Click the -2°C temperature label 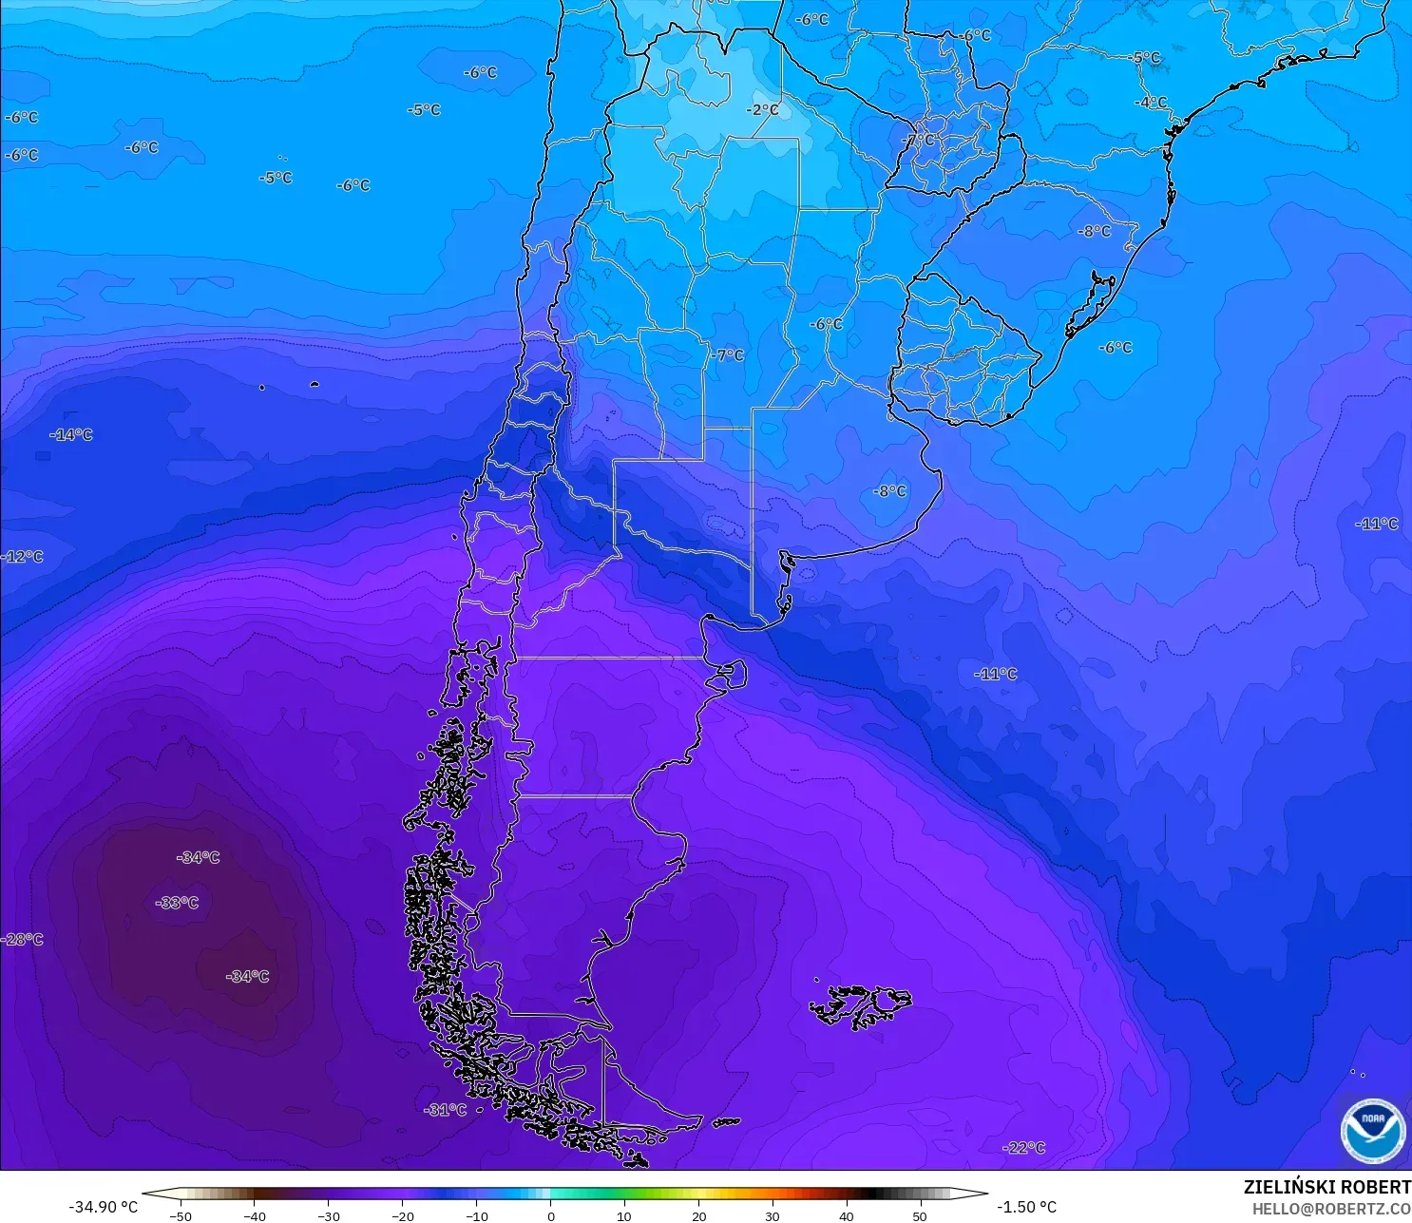pyautogui.click(x=762, y=110)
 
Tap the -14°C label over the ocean pyautogui.click(x=71, y=435)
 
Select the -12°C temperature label pyautogui.click(x=23, y=557)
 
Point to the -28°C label pyautogui.click(x=23, y=940)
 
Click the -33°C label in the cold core pyautogui.click(x=178, y=903)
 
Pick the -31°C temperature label pyautogui.click(x=446, y=1110)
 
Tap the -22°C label pyautogui.click(x=1023, y=1148)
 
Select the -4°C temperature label pyautogui.click(x=1151, y=103)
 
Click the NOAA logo pyautogui.click(x=1373, y=1131)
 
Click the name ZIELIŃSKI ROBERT pyautogui.click(x=1326, y=1188)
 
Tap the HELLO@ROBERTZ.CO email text pyautogui.click(x=1330, y=1209)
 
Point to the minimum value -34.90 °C pyautogui.click(x=103, y=1207)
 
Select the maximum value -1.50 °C pyautogui.click(x=1026, y=1207)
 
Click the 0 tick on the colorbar pyautogui.click(x=550, y=1215)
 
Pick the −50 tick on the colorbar pyautogui.click(x=180, y=1215)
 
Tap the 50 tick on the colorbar pyautogui.click(x=920, y=1215)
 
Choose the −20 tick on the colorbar pyautogui.click(x=402, y=1215)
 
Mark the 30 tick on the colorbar pyautogui.click(x=772, y=1215)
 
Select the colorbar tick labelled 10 pyautogui.click(x=624, y=1215)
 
